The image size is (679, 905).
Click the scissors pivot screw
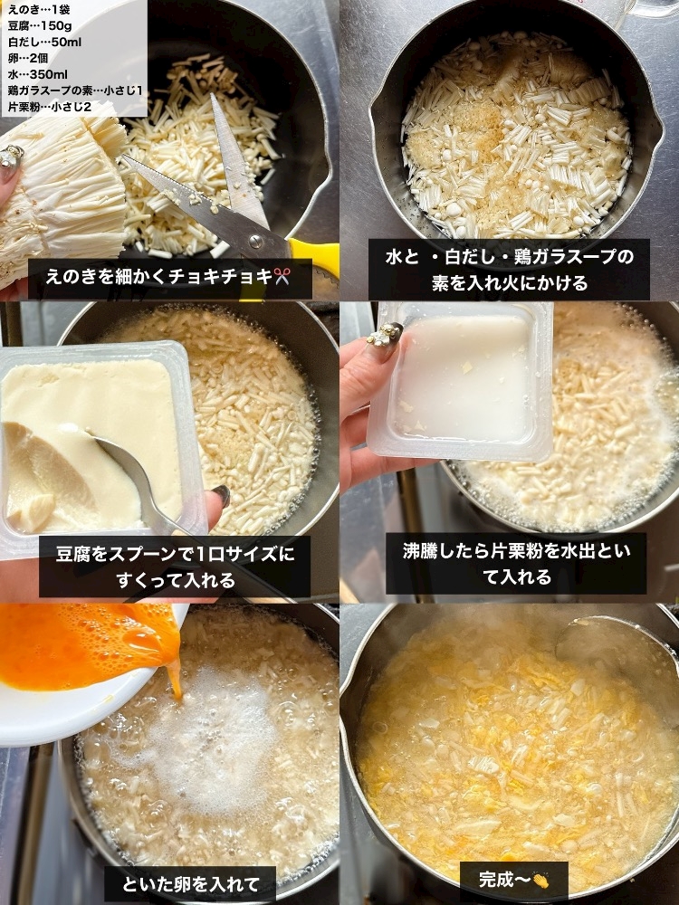click(x=254, y=238)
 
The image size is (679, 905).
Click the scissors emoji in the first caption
click(x=282, y=276)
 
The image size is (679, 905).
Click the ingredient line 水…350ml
click(x=38, y=74)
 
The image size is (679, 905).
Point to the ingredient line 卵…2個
click(x=28, y=58)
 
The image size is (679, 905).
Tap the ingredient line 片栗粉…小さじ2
click(x=50, y=107)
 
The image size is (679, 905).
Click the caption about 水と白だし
click(x=509, y=270)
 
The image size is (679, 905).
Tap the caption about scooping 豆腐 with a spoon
click(x=175, y=567)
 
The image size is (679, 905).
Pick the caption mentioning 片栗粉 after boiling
click(x=516, y=563)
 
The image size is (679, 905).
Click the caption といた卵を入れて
click(x=190, y=884)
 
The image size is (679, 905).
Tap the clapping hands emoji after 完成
click(x=540, y=881)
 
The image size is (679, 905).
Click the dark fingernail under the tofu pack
click(x=221, y=495)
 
